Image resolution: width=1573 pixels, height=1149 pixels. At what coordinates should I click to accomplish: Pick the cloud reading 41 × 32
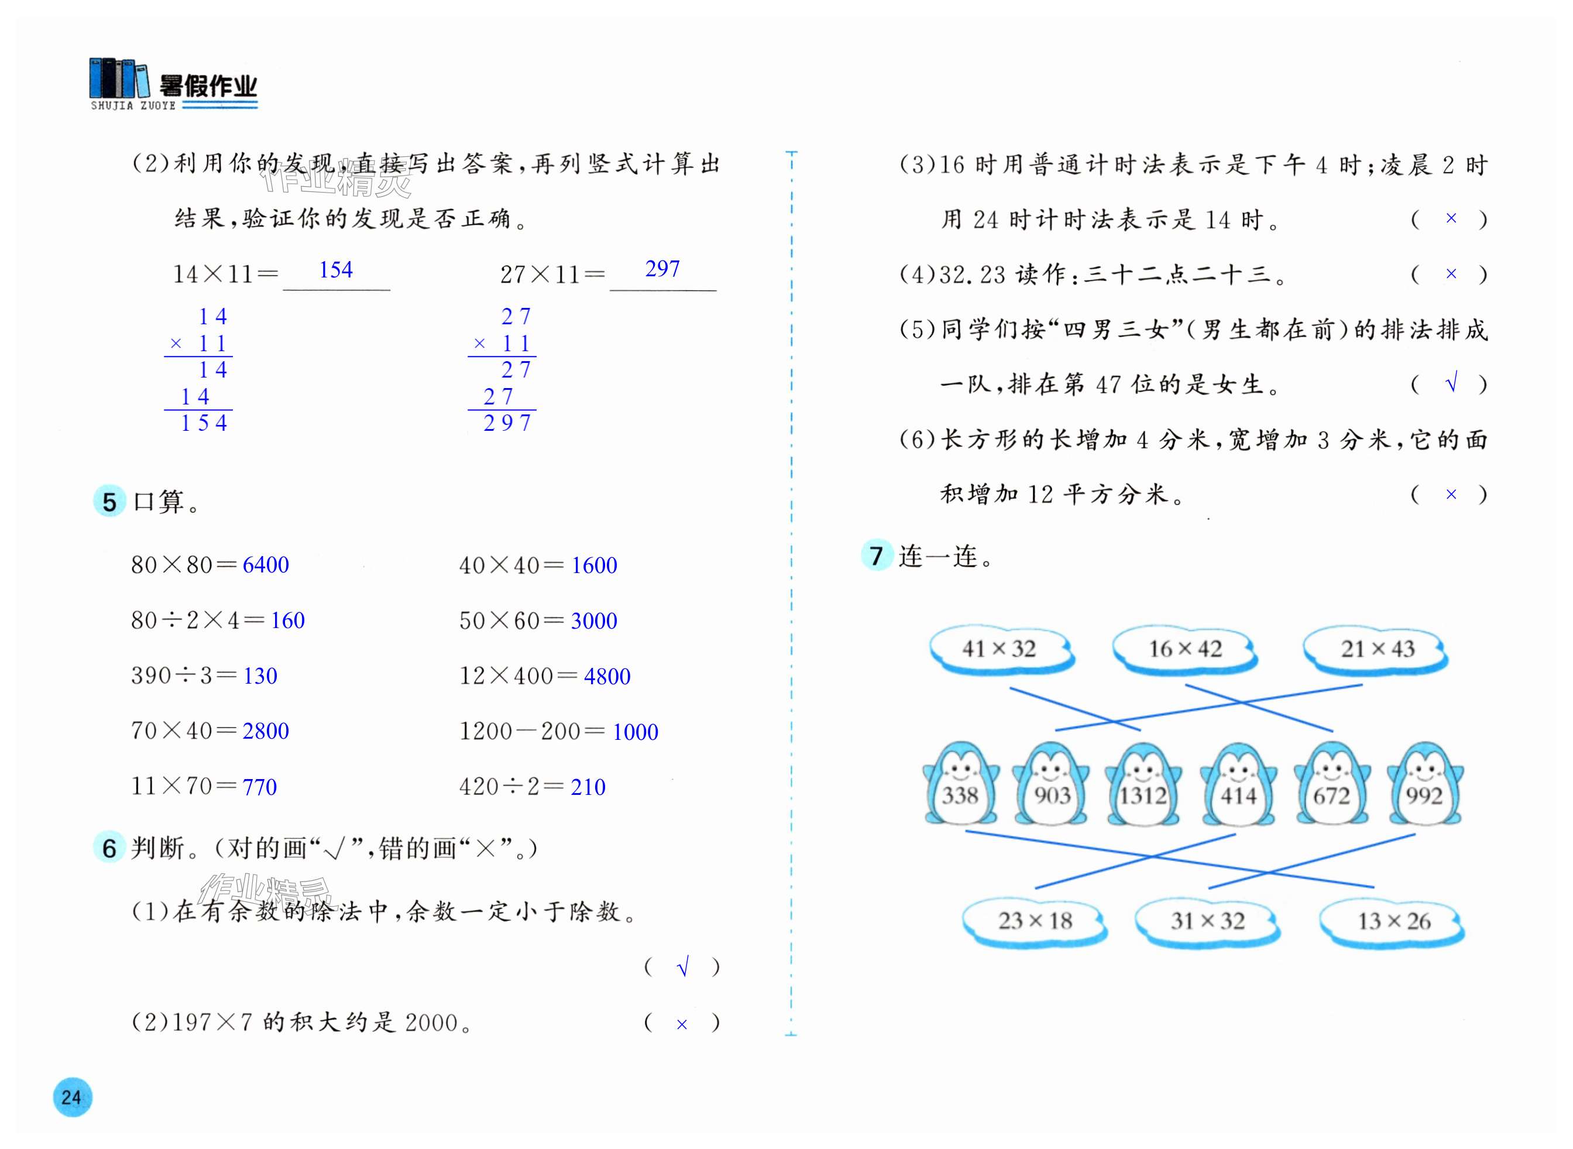click(x=1000, y=649)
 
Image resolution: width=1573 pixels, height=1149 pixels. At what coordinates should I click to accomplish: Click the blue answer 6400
click(x=266, y=565)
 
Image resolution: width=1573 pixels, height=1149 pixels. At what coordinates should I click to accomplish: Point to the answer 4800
click(x=607, y=676)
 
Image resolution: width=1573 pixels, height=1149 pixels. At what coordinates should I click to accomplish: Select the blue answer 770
click(x=259, y=787)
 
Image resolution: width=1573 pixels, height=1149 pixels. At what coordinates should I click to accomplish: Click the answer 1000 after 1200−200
click(x=635, y=732)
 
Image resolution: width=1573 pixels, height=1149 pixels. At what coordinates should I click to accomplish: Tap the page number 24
click(x=71, y=1097)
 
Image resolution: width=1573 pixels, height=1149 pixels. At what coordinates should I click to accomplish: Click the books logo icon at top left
click(x=119, y=78)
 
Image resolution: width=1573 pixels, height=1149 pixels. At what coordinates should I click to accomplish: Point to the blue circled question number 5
click(x=109, y=502)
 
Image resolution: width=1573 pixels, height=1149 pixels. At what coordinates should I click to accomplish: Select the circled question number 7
click(x=876, y=555)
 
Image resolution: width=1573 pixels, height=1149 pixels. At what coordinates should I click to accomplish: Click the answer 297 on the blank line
click(x=662, y=269)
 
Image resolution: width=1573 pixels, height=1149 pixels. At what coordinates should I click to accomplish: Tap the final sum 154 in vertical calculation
click(x=204, y=423)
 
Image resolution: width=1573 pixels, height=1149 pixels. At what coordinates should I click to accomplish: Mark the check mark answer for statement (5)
click(x=1451, y=383)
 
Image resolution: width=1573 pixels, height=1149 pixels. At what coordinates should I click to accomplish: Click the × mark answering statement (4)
click(x=1451, y=274)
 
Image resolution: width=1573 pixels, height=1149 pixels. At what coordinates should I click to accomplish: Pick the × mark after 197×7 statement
click(x=682, y=1024)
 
